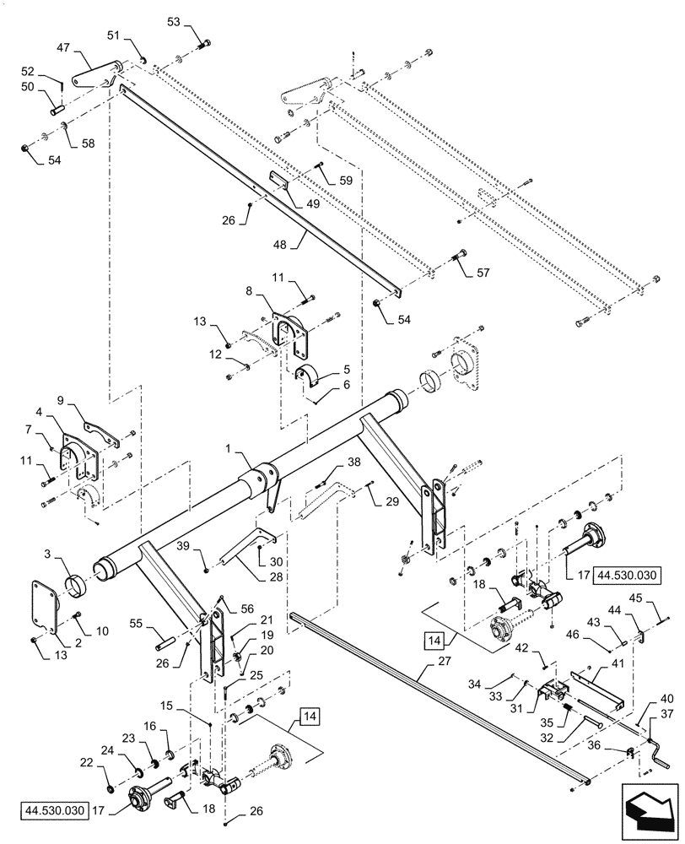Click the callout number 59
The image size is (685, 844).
[x=345, y=180]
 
